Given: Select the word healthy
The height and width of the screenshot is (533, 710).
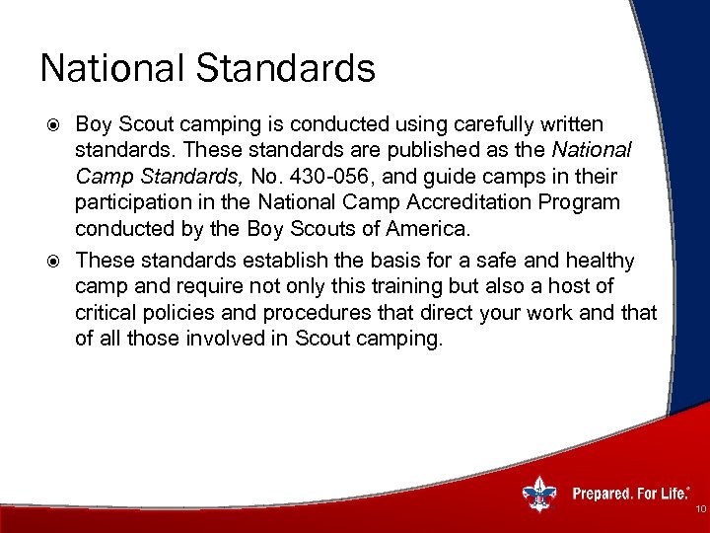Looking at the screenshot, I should point(602,261).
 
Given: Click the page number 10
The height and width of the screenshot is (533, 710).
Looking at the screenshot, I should point(700,509).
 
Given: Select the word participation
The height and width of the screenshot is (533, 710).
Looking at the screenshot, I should point(134,202).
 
